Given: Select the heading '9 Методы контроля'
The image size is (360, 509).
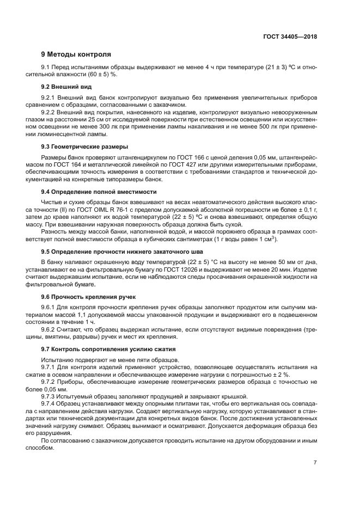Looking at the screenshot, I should coord(76,54).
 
